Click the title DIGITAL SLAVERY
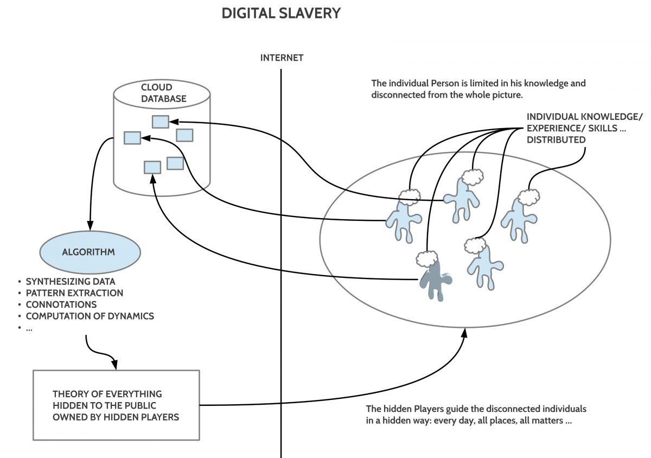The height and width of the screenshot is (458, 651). (x=281, y=14)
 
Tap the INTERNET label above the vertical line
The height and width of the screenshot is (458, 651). (x=282, y=58)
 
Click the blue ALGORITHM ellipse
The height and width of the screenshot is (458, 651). (x=90, y=252)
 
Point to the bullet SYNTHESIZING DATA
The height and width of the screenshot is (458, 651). (x=71, y=282)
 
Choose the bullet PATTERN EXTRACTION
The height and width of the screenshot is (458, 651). (x=74, y=293)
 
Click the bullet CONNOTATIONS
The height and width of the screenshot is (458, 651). (x=61, y=304)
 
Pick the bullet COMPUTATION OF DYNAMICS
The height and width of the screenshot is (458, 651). (x=90, y=316)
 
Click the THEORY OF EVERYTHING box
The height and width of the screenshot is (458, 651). (x=116, y=405)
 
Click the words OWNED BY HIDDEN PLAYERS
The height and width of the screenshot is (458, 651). (x=116, y=417)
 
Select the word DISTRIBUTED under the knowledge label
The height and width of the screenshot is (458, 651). (x=556, y=139)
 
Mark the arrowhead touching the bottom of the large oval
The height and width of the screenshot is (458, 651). (x=464, y=334)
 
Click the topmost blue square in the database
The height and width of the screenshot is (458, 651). (x=160, y=122)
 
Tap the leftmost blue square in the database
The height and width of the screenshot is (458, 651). (x=132, y=138)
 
